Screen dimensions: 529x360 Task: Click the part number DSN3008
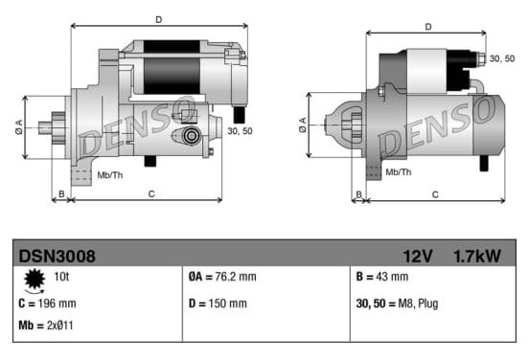[57, 257]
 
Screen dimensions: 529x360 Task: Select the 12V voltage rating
[418, 257]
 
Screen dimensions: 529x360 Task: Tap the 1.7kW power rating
[477, 257]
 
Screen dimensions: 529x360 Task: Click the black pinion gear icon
[34, 280]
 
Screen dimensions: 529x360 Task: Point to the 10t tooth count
[61, 277]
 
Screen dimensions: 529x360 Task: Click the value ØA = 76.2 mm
[222, 277]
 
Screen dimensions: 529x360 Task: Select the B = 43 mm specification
[382, 277]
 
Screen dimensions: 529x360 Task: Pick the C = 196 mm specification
[47, 304]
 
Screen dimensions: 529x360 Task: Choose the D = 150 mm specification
[218, 304]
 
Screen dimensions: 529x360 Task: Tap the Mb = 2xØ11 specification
[46, 326]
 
